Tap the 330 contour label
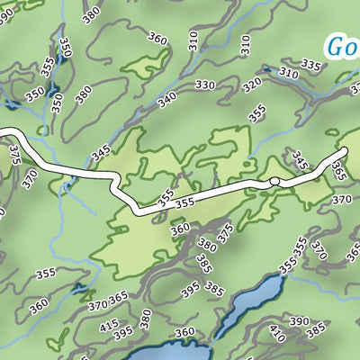(x=205, y=85)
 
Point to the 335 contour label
(x=310, y=65)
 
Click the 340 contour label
(x=167, y=100)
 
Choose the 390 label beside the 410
(x=299, y=321)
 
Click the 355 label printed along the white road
(x=184, y=204)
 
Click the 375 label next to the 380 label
(x=226, y=231)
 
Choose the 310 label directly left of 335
(x=289, y=73)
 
